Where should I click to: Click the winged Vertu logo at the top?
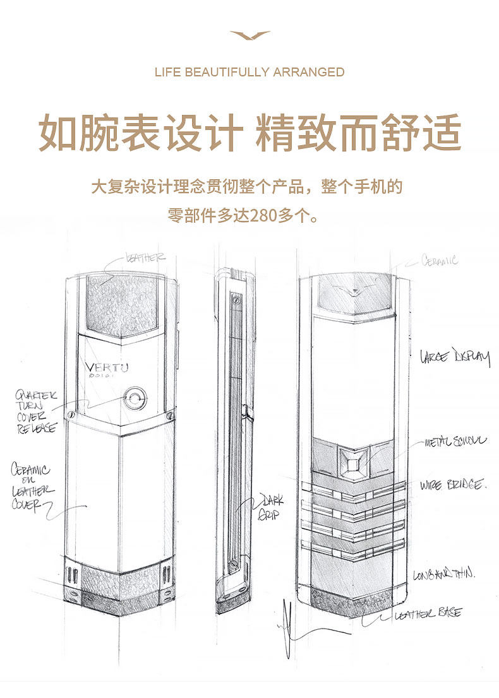click(250, 35)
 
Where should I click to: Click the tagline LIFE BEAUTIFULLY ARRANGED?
click(249, 72)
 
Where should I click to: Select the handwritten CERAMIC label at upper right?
click(440, 259)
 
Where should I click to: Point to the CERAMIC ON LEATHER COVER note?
click(32, 487)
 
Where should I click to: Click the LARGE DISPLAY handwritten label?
click(455, 358)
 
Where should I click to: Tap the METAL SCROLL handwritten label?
click(455, 442)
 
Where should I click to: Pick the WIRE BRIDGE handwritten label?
click(453, 485)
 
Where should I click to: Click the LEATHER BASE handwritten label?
click(436, 613)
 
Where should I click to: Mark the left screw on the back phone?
click(70, 415)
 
